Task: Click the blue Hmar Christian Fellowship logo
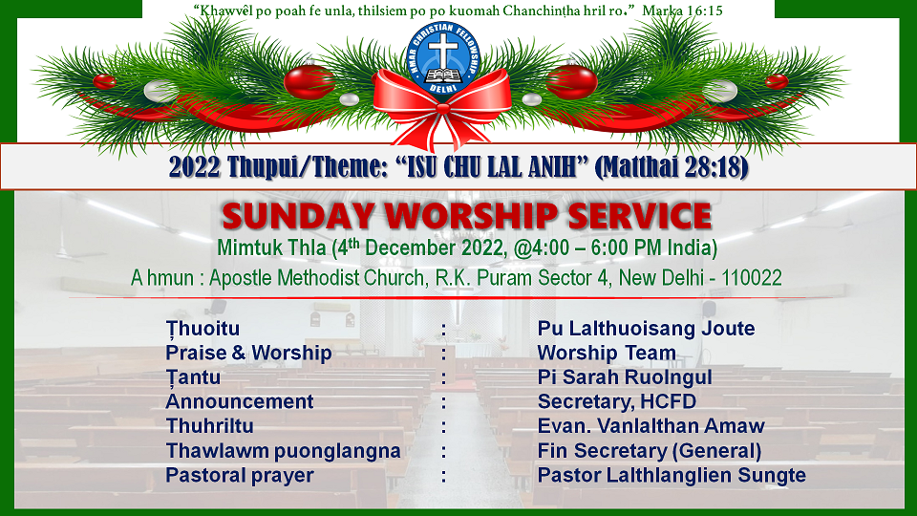pos(444,57)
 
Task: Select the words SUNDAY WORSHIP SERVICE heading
pos(467,216)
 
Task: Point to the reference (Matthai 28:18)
pos(672,167)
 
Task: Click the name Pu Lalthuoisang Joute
pos(647,328)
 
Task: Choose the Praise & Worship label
pos(248,353)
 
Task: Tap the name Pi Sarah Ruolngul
pos(625,377)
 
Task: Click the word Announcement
pos(239,402)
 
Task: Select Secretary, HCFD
pos(617,402)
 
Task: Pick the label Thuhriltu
pos(209,426)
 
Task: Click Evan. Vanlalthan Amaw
pos(650,426)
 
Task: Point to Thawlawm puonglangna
pos(283,451)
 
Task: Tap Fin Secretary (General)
pos(650,451)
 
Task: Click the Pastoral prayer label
pos(240,476)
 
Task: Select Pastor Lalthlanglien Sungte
pos(672,475)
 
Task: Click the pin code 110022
pos(752,278)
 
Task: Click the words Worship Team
pos(607,353)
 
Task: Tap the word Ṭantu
pos(193,378)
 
